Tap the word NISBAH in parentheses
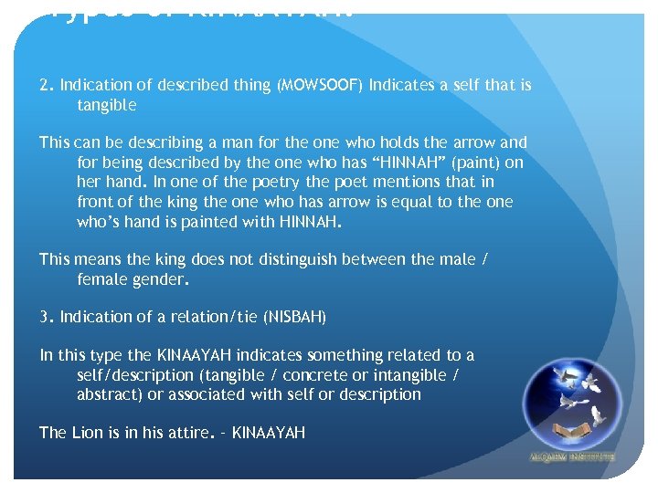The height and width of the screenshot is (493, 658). (295, 317)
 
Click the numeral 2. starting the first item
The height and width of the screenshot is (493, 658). (47, 85)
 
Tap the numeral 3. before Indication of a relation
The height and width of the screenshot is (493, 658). (47, 317)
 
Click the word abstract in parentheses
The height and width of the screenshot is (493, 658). (108, 394)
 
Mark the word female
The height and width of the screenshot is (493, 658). (102, 278)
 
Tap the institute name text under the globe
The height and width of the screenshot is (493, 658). (573, 456)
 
